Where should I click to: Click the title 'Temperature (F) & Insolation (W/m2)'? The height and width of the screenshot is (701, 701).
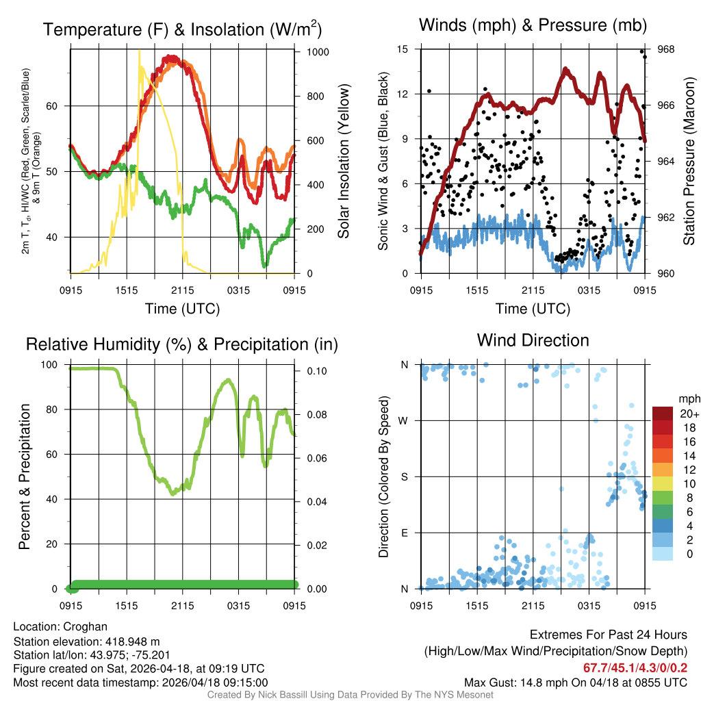182,29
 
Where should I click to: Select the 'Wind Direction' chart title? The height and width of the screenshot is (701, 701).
533,340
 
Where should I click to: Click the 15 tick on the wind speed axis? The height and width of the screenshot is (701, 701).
403,49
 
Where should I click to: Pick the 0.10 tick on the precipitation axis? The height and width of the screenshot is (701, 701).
314,371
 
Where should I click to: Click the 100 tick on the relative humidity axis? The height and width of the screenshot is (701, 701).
51,365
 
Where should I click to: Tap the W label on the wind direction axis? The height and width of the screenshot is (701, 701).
405,421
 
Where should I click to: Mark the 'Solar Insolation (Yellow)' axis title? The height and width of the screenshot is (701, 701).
343,162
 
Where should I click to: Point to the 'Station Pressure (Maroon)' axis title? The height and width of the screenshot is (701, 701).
690,162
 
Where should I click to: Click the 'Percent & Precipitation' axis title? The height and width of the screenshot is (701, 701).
24,476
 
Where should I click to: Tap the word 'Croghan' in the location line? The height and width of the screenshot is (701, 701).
85,626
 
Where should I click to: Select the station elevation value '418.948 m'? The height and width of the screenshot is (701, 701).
131,641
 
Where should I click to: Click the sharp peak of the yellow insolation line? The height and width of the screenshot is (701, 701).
139,51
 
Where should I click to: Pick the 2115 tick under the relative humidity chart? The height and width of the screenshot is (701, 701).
182,607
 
